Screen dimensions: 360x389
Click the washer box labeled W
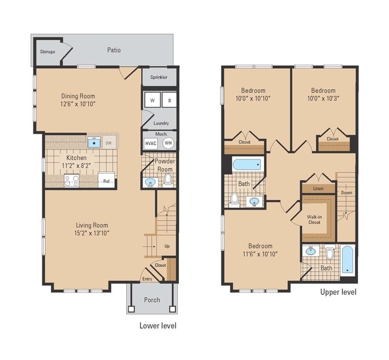[x=151, y=101]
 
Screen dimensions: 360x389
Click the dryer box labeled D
[x=169, y=101]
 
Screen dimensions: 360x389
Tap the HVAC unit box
[x=150, y=143]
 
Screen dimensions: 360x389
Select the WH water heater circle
[x=168, y=143]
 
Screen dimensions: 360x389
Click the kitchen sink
[x=95, y=143]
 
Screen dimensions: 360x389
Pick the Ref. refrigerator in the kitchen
[x=107, y=180]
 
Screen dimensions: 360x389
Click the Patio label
[x=114, y=50]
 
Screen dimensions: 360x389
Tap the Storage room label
[x=47, y=52]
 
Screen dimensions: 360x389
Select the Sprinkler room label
[x=159, y=77]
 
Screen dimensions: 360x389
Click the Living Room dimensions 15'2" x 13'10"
[x=92, y=233]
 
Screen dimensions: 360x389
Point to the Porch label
[x=152, y=300]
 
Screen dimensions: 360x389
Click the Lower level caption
[x=157, y=326]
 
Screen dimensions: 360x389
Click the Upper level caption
[x=338, y=292]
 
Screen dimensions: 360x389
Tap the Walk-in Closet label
[x=314, y=219]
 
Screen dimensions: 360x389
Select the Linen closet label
[x=319, y=189]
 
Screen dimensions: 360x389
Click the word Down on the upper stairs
[x=347, y=193]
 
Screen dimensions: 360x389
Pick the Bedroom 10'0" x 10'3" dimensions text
[x=323, y=99]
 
